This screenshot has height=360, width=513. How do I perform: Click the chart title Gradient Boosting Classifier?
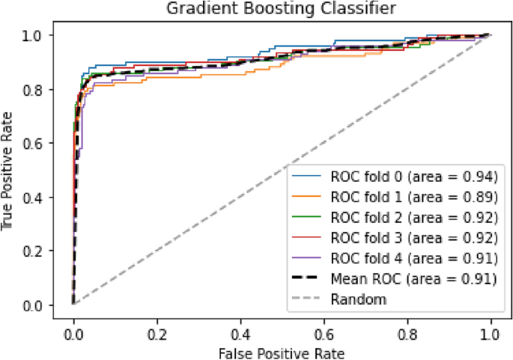coord(282,9)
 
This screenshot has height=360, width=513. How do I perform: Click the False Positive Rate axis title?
coord(282,350)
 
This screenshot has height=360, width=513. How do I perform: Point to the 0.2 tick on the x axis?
coord(157,330)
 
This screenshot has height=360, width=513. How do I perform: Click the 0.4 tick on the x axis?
coord(240,330)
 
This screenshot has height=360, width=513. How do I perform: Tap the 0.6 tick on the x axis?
coord(324,330)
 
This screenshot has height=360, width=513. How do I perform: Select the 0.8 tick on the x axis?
coord(407,330)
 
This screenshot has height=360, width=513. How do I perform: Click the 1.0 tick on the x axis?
coord(491,330)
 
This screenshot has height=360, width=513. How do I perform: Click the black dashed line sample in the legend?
coord(307,280)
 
